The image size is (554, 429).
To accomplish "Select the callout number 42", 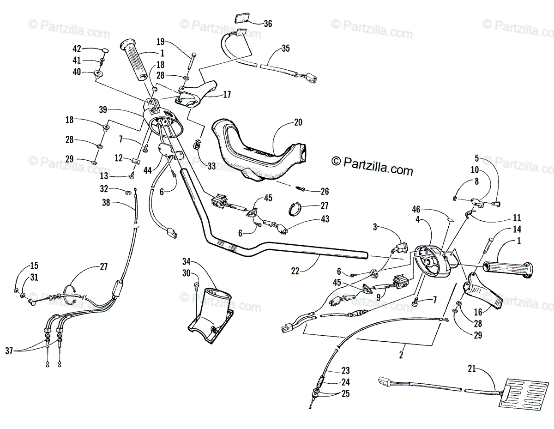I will [77, 49].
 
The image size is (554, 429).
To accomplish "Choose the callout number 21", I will [471, 369].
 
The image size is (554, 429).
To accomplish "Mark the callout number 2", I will [401, 355].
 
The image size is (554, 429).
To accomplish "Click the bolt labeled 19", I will [190, 60].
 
